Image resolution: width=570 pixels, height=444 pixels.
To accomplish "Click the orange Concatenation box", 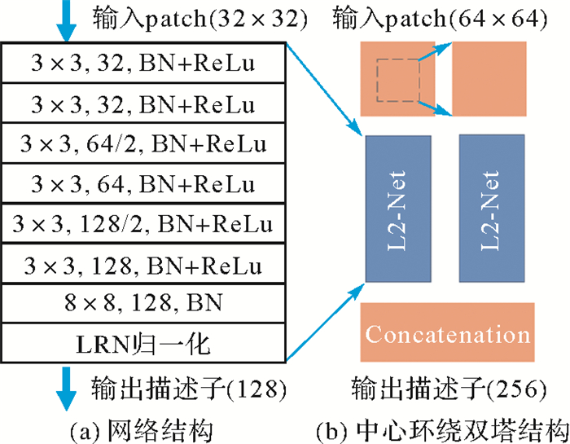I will point(447,332).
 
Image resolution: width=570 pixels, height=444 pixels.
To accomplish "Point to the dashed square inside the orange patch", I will point(397,80).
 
